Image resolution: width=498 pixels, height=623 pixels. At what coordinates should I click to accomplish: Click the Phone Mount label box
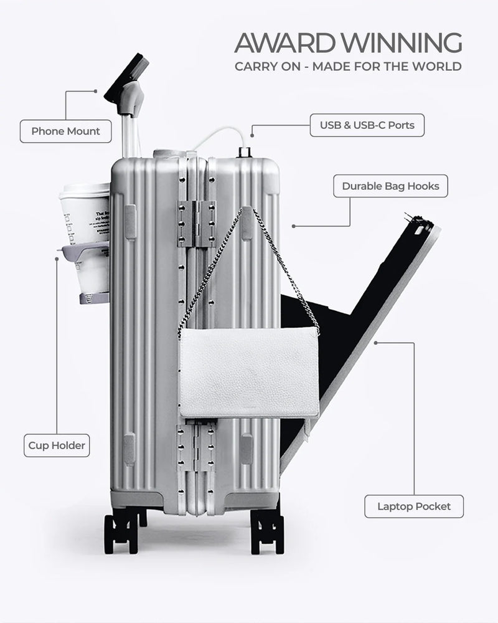[x=65, y=131]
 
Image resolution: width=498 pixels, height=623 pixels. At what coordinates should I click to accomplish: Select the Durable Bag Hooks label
[x=390, y=186]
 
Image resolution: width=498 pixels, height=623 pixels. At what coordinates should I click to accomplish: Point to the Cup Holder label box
[x=57, y=445]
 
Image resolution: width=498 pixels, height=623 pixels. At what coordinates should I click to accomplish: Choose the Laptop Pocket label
[x=413, y=506]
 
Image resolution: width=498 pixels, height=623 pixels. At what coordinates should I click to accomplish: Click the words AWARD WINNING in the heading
[x=348, y=44]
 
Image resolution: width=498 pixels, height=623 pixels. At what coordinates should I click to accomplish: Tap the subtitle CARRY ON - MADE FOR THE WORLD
[x=348, y=67]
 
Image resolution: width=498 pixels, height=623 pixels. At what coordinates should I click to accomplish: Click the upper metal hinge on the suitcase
[x=196, y=224]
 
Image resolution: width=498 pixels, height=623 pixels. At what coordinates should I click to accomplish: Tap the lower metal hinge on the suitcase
[x=196, y=447]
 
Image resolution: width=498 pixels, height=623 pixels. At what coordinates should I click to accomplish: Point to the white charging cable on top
[x=218, y=134]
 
